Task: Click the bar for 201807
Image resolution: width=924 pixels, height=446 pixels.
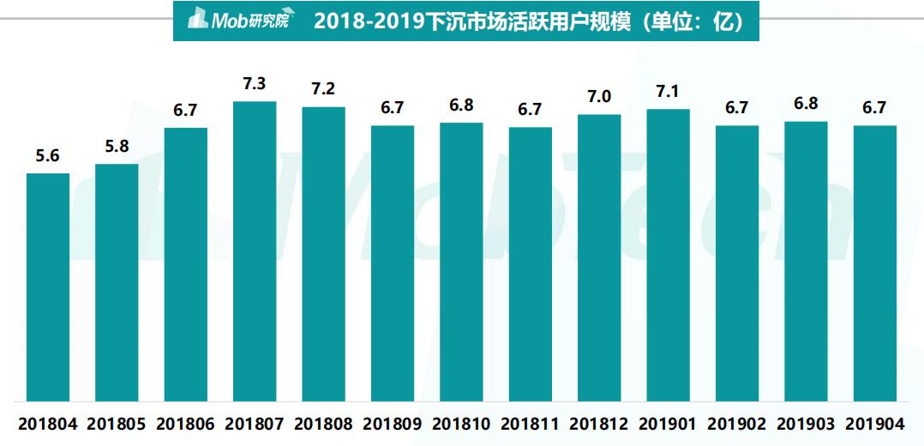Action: [x=255, y=250]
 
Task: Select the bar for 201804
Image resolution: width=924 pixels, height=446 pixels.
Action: [x=48, y=286]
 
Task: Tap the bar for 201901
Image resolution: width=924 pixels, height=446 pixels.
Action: [x=668, y=254]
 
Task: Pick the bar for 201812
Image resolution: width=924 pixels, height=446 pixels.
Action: [x=599, y=257]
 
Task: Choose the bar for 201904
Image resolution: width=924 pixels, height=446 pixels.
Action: [x=874, y=262]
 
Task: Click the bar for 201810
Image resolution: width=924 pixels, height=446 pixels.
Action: [x=461, y=261]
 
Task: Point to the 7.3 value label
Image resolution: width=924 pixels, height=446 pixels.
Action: [x=255, y=84]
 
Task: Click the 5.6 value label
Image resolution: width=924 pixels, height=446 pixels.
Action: [x=48, y=155]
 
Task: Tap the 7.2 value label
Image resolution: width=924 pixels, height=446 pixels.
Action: [x=323, y=89]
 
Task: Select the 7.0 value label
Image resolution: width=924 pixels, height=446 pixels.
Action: [x=599, y=96]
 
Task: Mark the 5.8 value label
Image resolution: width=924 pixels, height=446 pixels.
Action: [x=117, y=146]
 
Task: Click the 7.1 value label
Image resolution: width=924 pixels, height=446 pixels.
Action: [x=668, y=91]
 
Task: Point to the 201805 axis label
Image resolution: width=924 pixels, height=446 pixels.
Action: [x=117, y=424]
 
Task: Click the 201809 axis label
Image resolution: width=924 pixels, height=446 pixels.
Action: [x=392, y=424]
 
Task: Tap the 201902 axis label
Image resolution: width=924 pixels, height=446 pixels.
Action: [x=736, y=424]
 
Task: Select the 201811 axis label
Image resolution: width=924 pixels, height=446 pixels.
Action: [x=530, y=424]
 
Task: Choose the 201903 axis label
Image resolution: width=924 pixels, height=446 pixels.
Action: [x=806, y=424]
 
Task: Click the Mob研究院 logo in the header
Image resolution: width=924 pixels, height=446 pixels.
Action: [x=237, y=20]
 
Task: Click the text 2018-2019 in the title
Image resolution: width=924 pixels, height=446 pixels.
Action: [x=369, y=21]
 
